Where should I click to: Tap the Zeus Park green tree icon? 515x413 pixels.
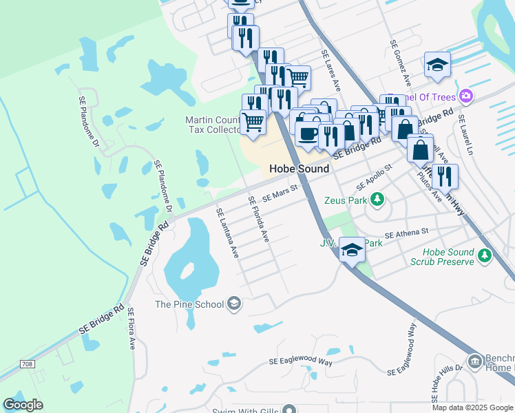point(377,200)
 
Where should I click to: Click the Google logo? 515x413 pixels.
point(23,405)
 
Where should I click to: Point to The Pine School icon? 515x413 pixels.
point(234,304)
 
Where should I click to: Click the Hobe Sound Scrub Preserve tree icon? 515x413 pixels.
point(485,256)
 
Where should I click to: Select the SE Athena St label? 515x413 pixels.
point(406,235)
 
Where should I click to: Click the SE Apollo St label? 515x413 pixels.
point(374,178)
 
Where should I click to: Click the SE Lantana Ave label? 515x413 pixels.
point(227,233)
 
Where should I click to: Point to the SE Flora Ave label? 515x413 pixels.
point(132,329)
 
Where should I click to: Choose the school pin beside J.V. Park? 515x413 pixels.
point(352,249)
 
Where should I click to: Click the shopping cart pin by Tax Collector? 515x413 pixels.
point(253,123)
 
